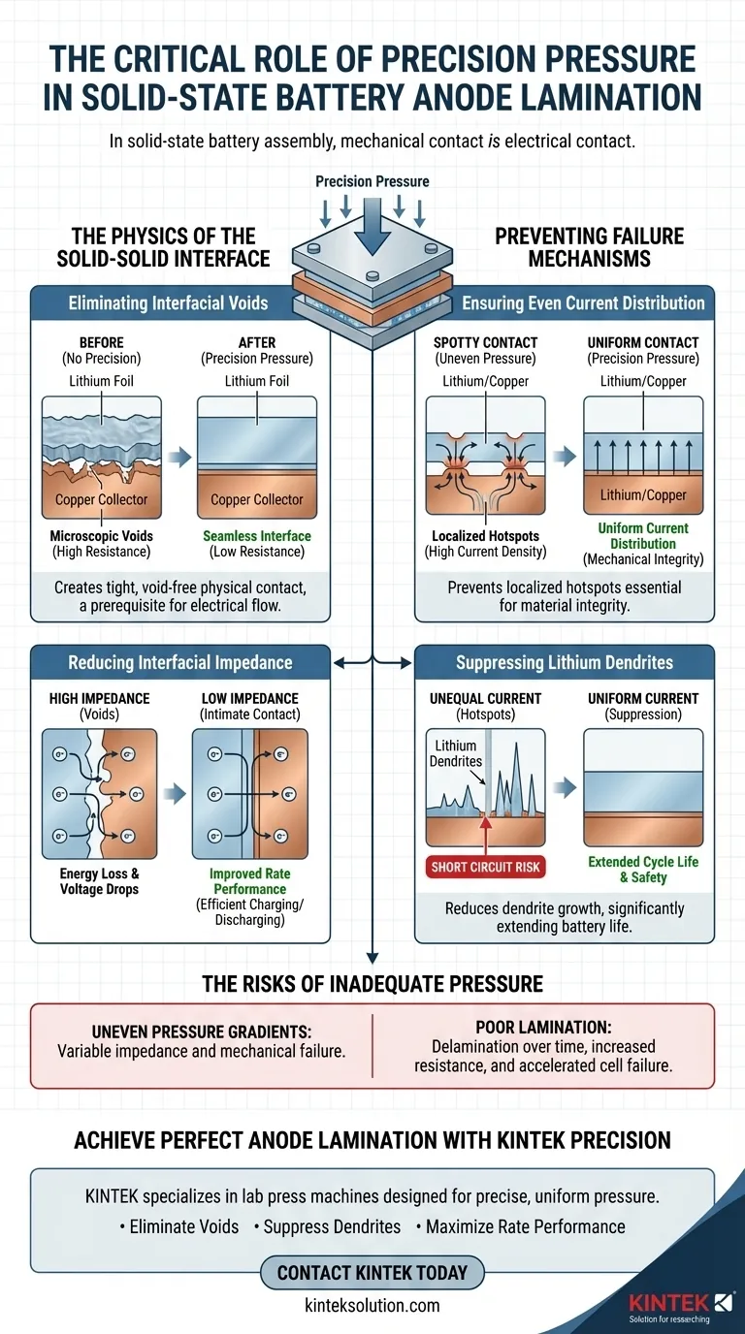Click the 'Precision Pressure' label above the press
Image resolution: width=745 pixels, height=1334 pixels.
point(372,181)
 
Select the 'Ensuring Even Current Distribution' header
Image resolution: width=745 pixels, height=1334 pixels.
point(583,303)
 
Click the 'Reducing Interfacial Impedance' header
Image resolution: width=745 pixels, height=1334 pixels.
point(179,663)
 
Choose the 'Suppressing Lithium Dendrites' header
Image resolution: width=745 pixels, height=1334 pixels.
point(565,663)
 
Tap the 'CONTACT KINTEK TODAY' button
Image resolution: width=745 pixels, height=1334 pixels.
point(372,1272)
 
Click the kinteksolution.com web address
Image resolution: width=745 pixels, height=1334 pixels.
point(372,1305)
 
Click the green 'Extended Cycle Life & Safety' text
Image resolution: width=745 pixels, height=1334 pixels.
point(642,870)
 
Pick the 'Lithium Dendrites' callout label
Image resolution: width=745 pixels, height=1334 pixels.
point(455,753)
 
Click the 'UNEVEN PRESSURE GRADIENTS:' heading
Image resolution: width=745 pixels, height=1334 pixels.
point(202,1031)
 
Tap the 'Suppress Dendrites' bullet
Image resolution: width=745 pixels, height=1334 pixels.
point(326,1226)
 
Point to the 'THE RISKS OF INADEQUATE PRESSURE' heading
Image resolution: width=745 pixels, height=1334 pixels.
point(372,984)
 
